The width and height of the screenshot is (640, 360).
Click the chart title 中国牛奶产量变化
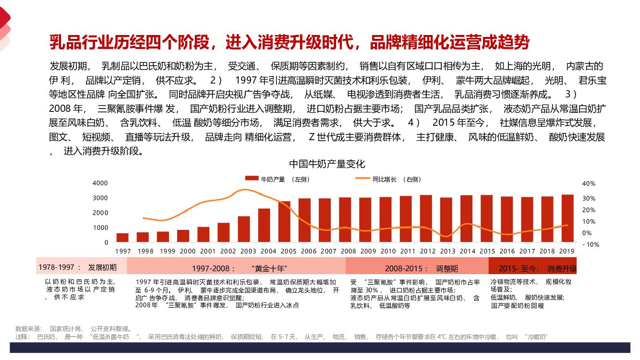click(327, 164)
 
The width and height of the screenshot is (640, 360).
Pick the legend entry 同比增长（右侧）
click(388, 179)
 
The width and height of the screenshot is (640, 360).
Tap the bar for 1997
click(123, 238)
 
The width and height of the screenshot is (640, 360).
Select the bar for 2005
click(284, 221)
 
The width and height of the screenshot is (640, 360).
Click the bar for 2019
click(568, 218)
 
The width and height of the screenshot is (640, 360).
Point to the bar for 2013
click(446, 219)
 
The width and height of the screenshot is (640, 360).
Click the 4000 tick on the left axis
click(100, 183)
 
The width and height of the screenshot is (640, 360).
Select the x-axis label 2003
click(248, 251)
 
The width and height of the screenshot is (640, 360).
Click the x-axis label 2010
click(388, 251)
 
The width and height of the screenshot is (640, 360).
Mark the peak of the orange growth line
click(245, 190)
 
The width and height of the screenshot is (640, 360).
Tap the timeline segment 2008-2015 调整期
click(417, 267)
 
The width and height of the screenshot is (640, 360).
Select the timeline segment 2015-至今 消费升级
click(533, 267)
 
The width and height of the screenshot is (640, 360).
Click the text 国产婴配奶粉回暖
click(517, 305)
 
